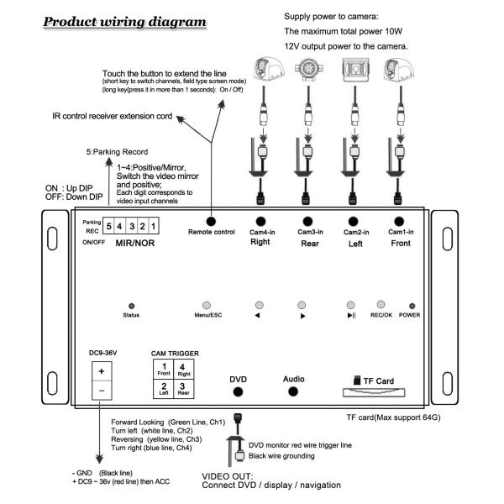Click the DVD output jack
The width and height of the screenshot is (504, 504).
[x=239, y=392]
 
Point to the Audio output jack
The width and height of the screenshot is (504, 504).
[x=293, y=391]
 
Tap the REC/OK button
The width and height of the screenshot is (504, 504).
[x=381, y=304]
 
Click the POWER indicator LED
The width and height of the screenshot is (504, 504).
[x=411, y=305]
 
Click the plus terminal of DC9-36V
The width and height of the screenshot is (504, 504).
[x=102, y=370]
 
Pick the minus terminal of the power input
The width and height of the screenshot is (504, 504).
[x=102, y=391]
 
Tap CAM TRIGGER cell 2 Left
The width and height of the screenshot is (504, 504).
[x=164, y=389]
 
